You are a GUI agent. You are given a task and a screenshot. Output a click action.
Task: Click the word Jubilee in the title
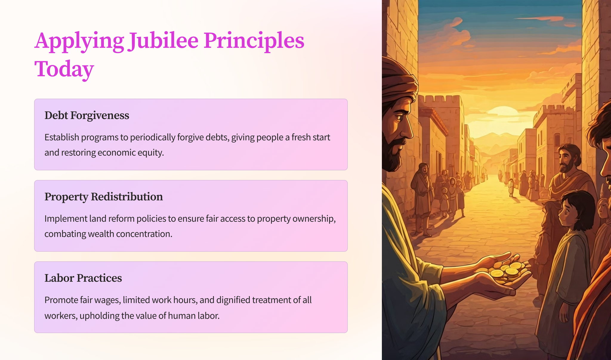(163, 41)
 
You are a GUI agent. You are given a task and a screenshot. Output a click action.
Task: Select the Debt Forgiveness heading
(87, 115)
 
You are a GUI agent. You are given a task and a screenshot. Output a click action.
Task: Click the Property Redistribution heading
(104, 197)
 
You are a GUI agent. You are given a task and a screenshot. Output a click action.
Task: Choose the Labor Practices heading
(83, 278)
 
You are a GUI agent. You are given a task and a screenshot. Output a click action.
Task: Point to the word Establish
(62, 137)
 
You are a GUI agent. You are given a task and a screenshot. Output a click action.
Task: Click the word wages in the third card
(107, 300)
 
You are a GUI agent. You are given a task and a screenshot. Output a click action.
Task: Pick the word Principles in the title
(254, 41)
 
